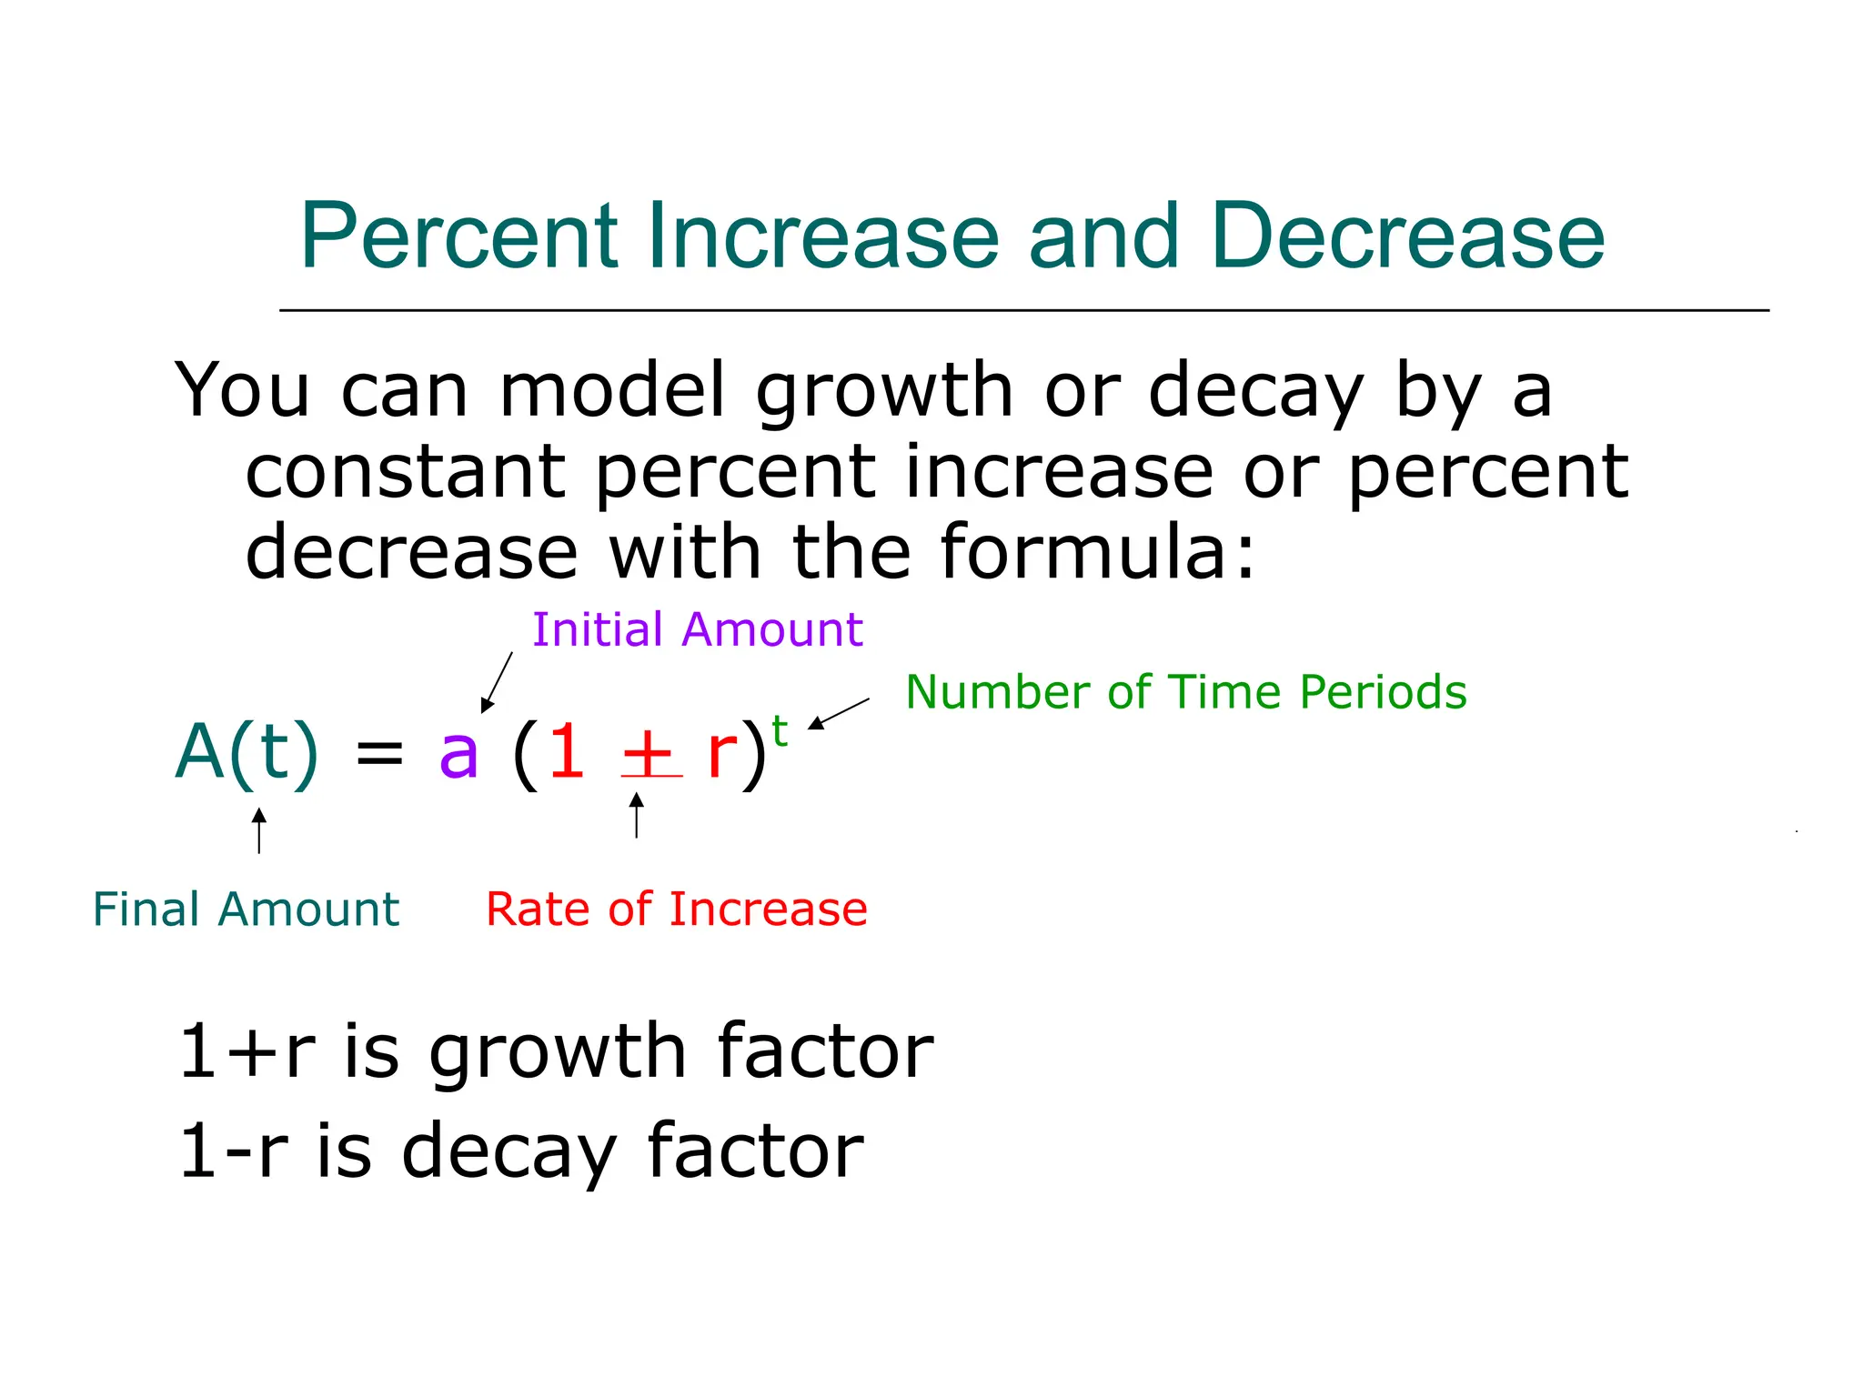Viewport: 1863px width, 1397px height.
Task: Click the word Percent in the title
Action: click(x=459, y=236)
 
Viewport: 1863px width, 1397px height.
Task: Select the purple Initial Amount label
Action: click(x=697, y=629)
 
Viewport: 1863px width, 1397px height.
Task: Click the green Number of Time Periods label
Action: click(x=1186, y=692)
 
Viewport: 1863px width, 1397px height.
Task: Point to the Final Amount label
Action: click(x=246, y=910)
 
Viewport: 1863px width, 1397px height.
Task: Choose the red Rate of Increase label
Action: click(x=677, y=910)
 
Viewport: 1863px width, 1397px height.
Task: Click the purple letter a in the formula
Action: click(x=458, y=753)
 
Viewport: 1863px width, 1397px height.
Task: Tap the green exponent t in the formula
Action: click(x=780, y=730)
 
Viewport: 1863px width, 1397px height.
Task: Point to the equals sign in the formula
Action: click(x=379, y=753)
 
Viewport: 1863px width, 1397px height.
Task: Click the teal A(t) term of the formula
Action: click(x=247, y=753)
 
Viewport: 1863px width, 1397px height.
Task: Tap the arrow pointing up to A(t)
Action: click(x=259, y=829)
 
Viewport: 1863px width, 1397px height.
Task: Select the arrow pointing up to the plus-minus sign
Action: click(x=637, y=815)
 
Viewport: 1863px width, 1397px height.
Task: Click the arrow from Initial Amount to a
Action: click(x=497, y=682)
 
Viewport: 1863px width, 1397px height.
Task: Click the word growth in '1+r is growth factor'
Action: click(x=557, y=1053)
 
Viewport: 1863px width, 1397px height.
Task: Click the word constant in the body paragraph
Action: click(x=406, y=472)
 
